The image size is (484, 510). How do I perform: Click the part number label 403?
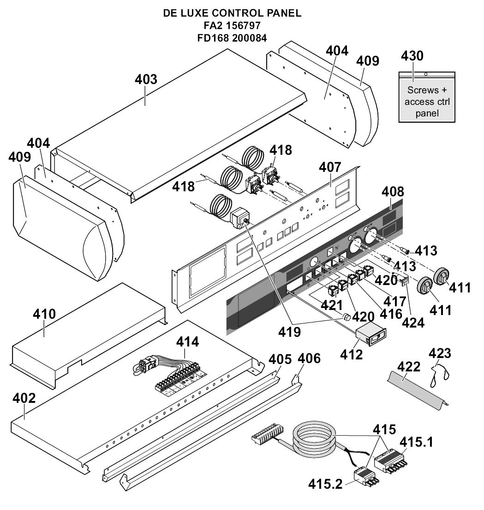point(146,79)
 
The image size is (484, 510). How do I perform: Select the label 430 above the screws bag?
point(412,56)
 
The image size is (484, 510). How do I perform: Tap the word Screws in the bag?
point(423,91)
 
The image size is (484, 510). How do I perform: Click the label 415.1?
point(416,442)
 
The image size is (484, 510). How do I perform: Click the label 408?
point(393,191)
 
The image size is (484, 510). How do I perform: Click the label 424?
point(412,322)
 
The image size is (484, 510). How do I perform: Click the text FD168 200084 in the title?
point(232,38)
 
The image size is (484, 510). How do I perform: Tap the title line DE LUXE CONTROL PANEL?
point(232,13)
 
